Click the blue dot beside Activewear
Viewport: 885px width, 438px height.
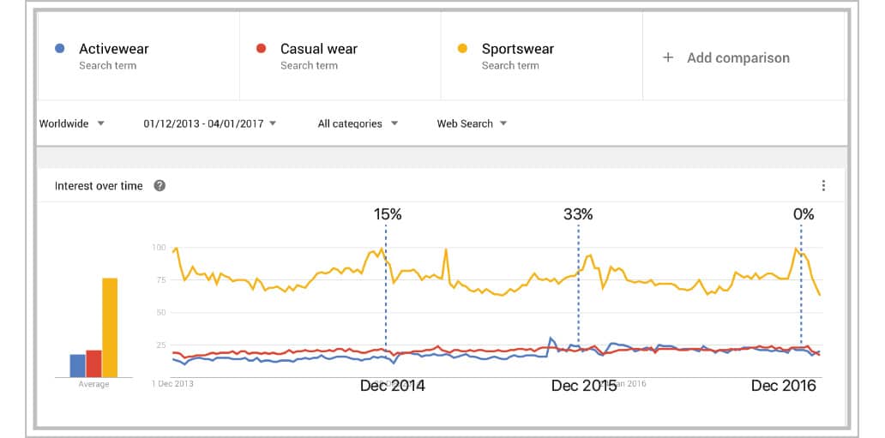point(57,49)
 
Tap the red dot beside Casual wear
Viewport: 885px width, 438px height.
point(262,49)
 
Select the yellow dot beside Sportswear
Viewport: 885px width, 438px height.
point(463,49)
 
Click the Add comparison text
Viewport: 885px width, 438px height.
point(737,57)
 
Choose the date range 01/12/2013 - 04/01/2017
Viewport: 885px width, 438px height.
point(210,123)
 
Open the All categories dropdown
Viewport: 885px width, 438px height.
point(358,123)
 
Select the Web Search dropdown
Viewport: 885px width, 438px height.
point(472,123)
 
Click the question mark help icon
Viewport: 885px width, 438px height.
point(159,186)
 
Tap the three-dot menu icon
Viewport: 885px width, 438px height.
point(823,186)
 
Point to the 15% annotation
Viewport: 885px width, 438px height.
point(388,214)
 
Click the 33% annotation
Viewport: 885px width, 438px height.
point(578,214)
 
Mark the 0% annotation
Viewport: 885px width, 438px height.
point(804,214)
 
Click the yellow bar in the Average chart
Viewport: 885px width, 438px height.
point(110,327)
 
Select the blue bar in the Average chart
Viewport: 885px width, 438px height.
point(77,365)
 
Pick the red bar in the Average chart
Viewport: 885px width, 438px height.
point(93,363)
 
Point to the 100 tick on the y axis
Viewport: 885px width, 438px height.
point(158,248)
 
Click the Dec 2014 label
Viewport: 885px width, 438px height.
point(392,386)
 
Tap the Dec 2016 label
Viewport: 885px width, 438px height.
point(783,386)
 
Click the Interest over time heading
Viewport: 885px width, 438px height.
point(99,186)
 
